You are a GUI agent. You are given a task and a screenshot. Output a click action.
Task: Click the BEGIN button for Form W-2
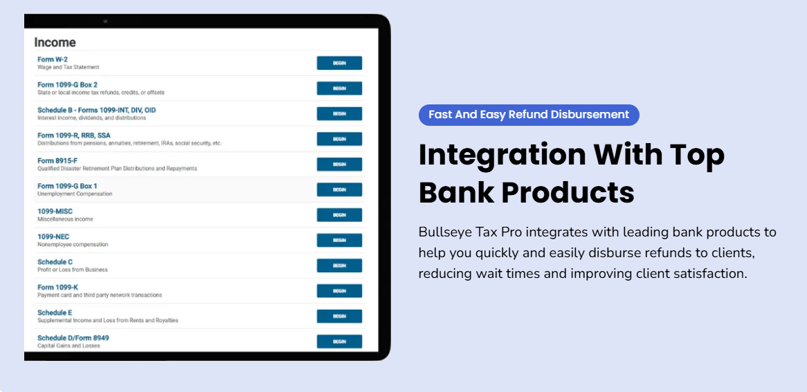point(339,63)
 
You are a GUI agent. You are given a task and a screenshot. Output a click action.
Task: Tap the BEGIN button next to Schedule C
point(339,265)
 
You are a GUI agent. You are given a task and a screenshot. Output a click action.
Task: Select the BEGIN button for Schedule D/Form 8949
point(339,342)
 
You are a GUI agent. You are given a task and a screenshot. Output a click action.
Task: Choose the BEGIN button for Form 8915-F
point(339,164)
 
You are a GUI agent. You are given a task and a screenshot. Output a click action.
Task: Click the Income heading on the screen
point(55,42)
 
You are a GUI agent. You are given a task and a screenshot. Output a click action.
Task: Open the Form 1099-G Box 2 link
point(67,84)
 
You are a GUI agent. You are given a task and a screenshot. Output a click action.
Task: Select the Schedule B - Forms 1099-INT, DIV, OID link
point(97,110)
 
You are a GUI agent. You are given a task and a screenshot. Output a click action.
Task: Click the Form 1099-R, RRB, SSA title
point(74,136)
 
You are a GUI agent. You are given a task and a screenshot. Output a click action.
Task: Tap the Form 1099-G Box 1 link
point(67,186)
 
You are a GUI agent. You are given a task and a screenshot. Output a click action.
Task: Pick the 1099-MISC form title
point(55,211)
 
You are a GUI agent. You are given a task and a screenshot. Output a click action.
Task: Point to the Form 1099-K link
point(57,287)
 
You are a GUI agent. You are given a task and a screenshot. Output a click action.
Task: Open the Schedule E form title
point(55,312)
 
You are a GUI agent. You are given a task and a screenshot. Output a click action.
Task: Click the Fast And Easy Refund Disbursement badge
point(529,115)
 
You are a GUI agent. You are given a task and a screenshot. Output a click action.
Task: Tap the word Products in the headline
point(568,192)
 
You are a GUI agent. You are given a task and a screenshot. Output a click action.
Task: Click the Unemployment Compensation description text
point(75,194)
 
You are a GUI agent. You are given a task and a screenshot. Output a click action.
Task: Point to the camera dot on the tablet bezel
point(105,21)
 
